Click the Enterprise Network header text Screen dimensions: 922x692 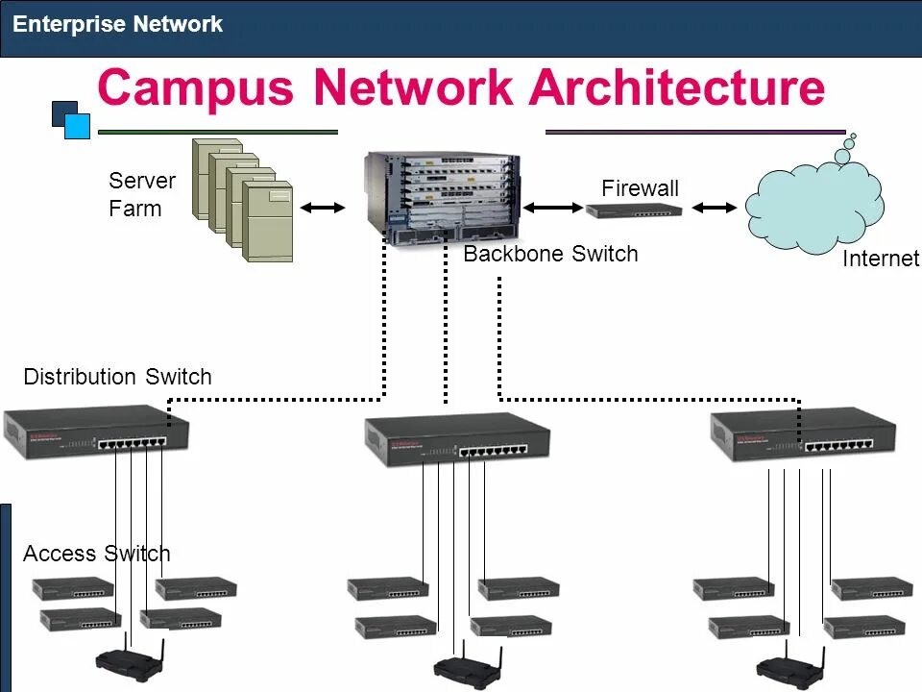click(117, 24)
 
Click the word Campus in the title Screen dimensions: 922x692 click(196, 88)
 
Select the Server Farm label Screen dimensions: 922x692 click(142, 194)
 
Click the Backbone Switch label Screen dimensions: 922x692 click(550, 254)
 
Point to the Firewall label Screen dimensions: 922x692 click(640, 188)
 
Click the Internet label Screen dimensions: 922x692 click(881, 259)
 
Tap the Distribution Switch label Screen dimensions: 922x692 click(117, 377)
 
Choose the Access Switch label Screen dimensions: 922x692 click(97, 554)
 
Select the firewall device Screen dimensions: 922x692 click(634, 210)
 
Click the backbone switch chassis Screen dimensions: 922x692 click(442, 199)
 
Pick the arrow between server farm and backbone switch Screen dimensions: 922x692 click(323, 208)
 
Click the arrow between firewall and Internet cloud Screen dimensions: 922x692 click(715, 208)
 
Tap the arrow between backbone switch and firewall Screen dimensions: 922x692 click(553, 208)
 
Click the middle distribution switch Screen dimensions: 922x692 click(457, 439)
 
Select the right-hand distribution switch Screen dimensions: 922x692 click(803, 435)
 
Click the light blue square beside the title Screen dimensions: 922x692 click(77, 126)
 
